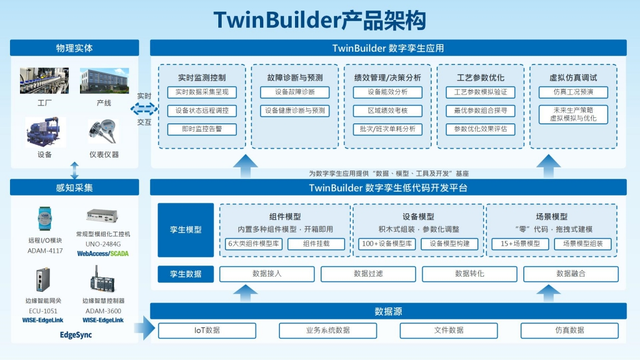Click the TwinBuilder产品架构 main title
pos(319,20)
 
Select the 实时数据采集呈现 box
pos(202,92)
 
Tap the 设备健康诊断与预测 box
pos(294,111)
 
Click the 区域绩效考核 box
pos(387,111)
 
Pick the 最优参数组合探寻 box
pos(480,111)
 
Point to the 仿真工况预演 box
pos(573,92)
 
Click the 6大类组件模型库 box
pos(253,244)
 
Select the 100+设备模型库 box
pos(387,244)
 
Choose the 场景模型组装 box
pos(582,244)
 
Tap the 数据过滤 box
pos(368,274)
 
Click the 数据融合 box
pos(571,274)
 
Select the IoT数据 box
pos(207,331)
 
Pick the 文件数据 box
pos(448,331)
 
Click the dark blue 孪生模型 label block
pos(186,230)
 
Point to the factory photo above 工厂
pos(44,81)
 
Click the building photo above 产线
pos(104,81)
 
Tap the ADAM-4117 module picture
pos(44,219)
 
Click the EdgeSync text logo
pos(76,335)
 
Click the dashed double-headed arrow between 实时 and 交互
pos(144,108)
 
